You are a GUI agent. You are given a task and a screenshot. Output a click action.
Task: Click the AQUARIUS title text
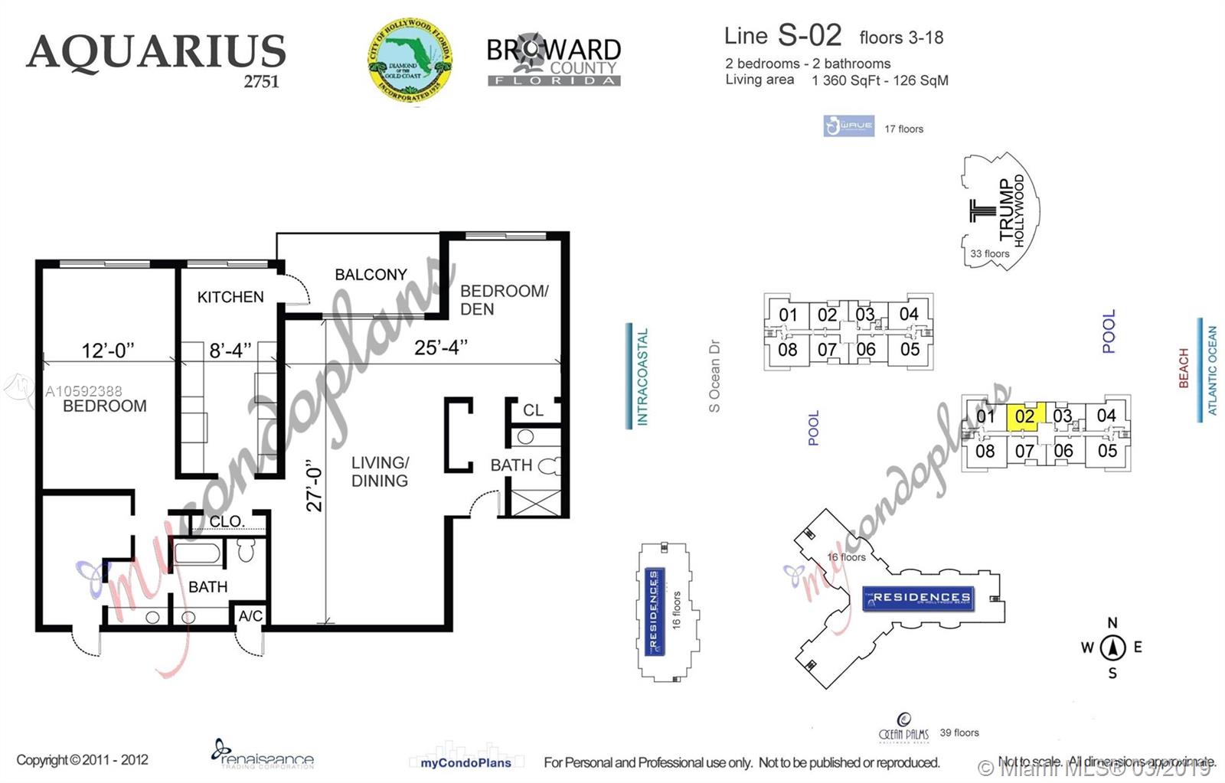[x=156, y=52]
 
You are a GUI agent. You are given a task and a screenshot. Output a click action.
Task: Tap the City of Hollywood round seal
[x=410, y=60]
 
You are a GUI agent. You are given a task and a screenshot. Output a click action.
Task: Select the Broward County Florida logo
[x=554, y=60]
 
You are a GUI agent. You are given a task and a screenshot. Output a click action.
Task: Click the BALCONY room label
[x=371, y=274]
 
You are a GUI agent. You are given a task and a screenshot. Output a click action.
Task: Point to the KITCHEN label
[x=230, y=297]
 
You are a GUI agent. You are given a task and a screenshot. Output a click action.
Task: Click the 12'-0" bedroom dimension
[x=108, y=351]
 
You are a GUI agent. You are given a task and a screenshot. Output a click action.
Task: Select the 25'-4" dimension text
[x=440, y=347]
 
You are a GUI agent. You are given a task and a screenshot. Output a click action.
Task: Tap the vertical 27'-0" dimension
[x=315, y=485]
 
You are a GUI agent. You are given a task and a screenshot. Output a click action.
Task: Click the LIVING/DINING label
[x=380, y=471]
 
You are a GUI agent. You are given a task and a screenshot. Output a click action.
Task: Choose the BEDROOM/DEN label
[x=504, y=300]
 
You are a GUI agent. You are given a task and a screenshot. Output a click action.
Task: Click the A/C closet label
[x=250, y=616]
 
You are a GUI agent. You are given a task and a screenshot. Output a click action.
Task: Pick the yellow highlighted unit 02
[x=1025, y=416]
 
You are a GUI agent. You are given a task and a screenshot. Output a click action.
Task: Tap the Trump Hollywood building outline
[x=999, y=210]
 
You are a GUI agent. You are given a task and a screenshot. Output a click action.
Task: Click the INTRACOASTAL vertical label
[x=642, y=377]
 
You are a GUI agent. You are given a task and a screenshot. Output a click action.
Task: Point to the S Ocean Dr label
[x=714, y=376]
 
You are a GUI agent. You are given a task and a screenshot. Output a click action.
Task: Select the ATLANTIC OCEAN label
[x=1212, y=370]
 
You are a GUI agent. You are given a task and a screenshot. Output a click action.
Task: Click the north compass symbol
[x=1112, y=648]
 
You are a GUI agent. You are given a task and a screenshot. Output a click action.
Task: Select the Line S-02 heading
[x=782, y=35]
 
